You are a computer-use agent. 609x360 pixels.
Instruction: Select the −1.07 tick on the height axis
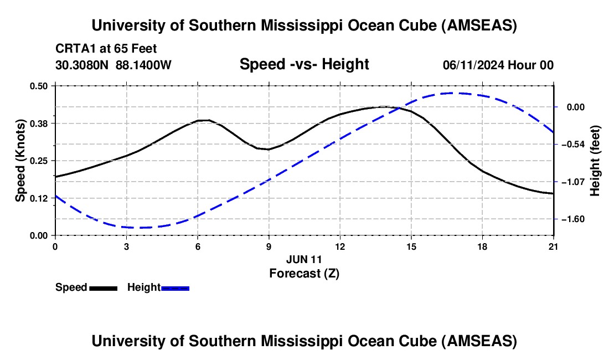pos(570,182)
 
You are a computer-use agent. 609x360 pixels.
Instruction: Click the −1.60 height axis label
pos(570,219)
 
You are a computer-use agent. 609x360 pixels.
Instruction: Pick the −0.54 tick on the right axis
pos(570,145)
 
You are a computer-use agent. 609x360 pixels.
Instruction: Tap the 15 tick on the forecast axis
pos(411,246)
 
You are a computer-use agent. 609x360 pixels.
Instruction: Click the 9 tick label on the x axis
pos(269,246)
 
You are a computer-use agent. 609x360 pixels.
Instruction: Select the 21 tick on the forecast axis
pos(554,246)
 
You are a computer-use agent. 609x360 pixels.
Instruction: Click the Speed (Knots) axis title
pos(20,161)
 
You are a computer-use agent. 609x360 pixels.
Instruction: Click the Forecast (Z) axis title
pos(304,273)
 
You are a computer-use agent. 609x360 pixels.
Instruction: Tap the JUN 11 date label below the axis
pos(304,259)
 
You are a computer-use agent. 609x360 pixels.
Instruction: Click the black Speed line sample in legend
pos(104,288)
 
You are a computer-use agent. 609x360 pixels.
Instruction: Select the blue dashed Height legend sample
pos(176,288)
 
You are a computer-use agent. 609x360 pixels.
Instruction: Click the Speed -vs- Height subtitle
pos(304,64)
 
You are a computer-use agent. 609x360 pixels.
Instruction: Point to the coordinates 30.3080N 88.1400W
pos(113,65)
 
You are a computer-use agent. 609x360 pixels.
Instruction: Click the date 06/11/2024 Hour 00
pos(498,65)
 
